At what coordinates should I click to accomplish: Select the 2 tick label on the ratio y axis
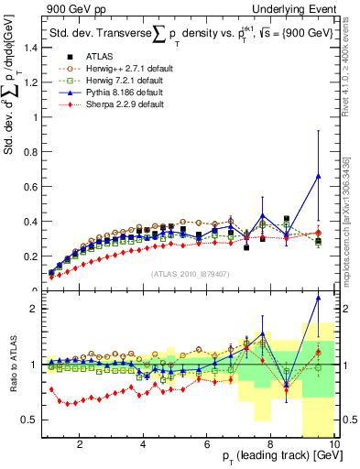33,309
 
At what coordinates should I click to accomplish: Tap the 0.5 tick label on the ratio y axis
30,420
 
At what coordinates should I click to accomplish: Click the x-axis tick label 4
144,446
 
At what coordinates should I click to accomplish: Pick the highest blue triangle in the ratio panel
318,297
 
